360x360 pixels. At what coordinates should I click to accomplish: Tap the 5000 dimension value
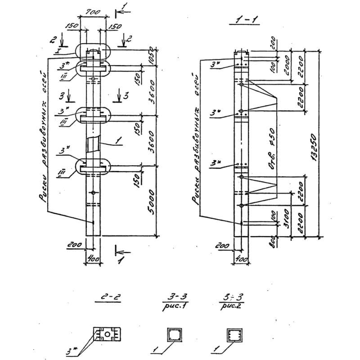tap(152, 201)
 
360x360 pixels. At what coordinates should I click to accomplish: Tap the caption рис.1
tap(173, 308)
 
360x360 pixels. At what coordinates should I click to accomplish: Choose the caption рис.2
tap(231, 308)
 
